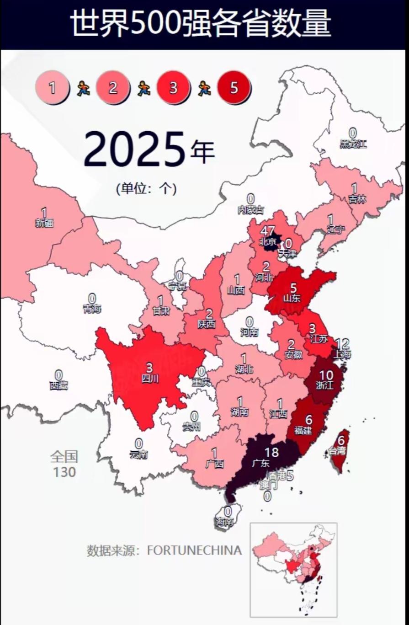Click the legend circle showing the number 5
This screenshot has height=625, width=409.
coord(234,87)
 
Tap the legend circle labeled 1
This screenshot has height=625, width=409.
coord(52,87)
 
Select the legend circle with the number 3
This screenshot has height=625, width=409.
coord(173,87)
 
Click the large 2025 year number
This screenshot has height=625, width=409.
coord(135,150)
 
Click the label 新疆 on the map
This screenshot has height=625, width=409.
coord(44,223)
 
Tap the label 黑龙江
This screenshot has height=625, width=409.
coord(353,144)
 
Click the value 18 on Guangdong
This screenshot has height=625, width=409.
coord(271,453)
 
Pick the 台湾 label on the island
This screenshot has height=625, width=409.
coord(337,451)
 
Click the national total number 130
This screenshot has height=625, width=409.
coord(64,472)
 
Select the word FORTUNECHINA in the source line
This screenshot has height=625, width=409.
coord(194,550)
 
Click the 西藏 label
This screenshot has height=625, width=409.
coord(59,385)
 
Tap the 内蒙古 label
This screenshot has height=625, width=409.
coord(250,210)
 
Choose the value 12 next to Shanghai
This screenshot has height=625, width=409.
coord(342,344)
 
